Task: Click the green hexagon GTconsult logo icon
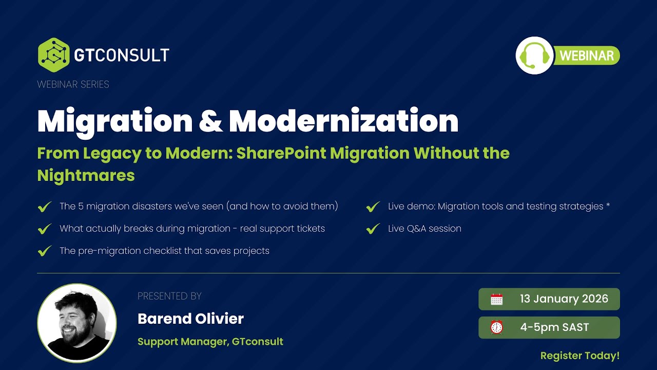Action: [53, 55]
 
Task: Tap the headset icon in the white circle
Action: [535, 55]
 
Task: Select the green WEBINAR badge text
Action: [587, 55]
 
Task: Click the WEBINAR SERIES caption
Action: [73, 84]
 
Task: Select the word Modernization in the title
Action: [343, 121]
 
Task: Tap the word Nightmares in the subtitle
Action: [86, 175]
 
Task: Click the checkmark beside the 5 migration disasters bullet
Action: [45, 207]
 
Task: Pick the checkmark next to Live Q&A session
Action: [373, 229]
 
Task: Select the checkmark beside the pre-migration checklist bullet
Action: [45, 251]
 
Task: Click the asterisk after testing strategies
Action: [608, 206]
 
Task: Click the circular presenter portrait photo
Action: [77, 323]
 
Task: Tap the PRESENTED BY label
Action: [169, 296]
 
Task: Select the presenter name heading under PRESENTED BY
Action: [190, 319]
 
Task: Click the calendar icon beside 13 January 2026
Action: [496, 300]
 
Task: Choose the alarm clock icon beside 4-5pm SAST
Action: [496, 328]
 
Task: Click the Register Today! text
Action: [580, 356]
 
